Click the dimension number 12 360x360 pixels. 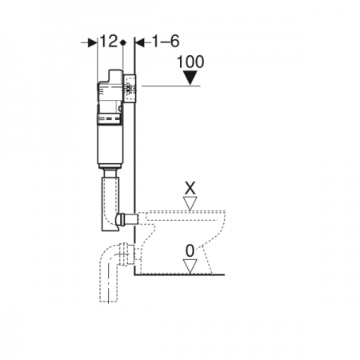[109, 42]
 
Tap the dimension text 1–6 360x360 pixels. [166, 42]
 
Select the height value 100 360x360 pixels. [190, 62]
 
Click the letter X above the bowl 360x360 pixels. [190, 188]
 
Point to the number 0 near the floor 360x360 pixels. [190, 250]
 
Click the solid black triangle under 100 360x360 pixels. [190, 78]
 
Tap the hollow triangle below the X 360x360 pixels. [190, 203]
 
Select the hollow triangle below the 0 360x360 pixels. [190, 266]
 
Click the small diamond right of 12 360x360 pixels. [123, 42]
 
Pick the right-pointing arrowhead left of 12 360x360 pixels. [93, 42]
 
